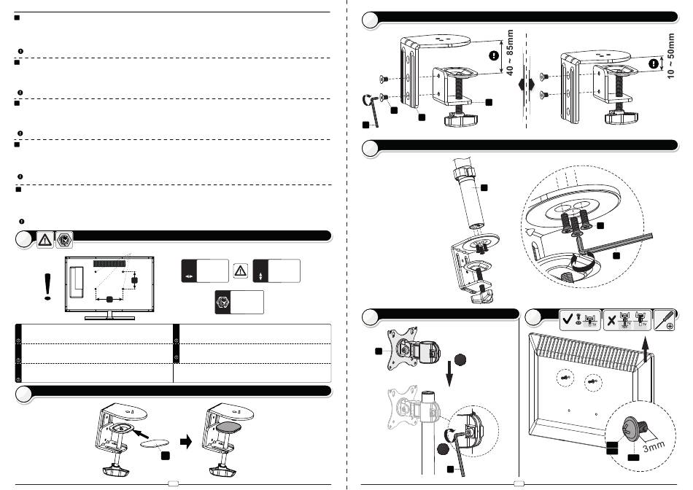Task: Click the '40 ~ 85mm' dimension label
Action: [510, 52]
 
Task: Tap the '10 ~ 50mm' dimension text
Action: [671, 56]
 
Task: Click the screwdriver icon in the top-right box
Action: [666, 319]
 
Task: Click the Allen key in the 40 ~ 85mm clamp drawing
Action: [371, 108]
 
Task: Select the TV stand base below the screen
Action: [110, 316]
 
